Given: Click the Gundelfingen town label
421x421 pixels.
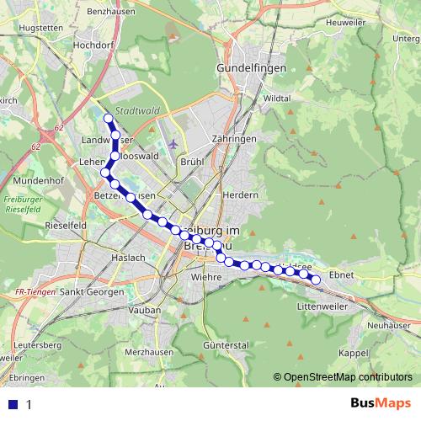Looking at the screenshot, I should [x=251, y=67].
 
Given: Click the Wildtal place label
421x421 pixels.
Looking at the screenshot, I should [x=276, y=99].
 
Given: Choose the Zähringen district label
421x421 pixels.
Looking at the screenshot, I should [x=234, y=138].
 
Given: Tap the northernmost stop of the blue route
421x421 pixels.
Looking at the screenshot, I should [x=108, y=118].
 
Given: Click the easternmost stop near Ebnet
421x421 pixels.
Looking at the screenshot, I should [x=317, y=280].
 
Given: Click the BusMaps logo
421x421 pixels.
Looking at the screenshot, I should [x=375, y=402].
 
